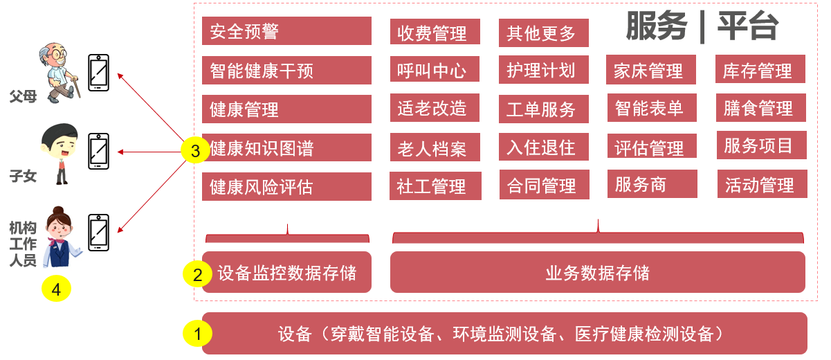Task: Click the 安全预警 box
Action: (x=286, y=31)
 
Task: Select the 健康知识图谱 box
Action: (x=286, y=148)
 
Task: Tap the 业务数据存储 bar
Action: (x=597, y=272)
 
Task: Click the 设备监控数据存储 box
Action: (x=286, y=272)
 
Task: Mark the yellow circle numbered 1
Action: (x=198, y=334)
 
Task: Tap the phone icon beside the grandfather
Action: (x=99, y=72)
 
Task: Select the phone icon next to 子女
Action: (x=99, y=151)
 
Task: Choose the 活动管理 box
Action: (x=761, y=185)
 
